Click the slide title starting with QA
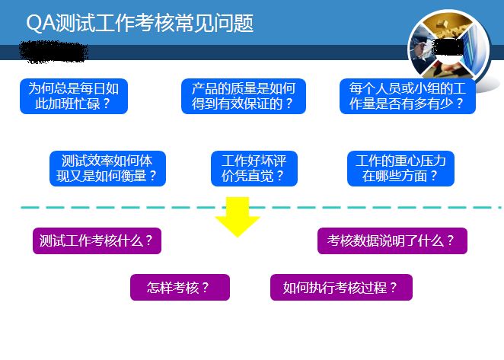click(140, 23)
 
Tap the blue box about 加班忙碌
click(74, 96)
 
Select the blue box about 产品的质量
click(244, 96)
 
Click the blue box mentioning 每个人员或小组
click(407, 96)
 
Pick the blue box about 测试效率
click(107, 168)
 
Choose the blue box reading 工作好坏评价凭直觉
click(254, 168)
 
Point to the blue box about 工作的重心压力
click(400, 168)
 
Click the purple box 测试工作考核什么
click(97, 241)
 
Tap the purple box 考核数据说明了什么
click(392, 241)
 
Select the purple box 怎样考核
click(180, 288)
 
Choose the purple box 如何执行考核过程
click(341, 288)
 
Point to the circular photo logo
click(449, 50)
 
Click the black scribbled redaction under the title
click(54, 52)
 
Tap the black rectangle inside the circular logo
click(448, 47)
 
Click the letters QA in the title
click(40, 23)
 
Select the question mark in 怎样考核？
click(205, 288)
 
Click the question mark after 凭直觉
click(280, 176)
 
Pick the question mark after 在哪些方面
click(434, 176)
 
